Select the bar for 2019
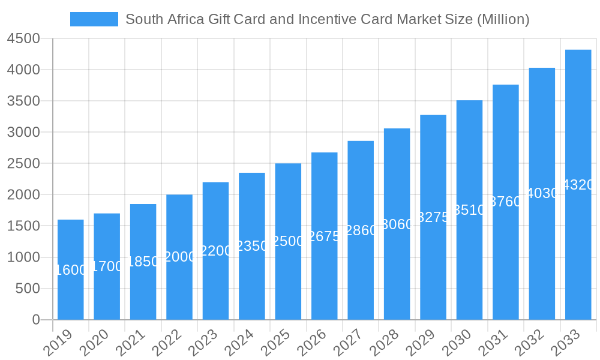coord(71,270)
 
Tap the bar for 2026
coord(325,236)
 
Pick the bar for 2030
coord(469,210)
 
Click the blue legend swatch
coord(94,19)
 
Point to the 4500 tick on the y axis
coord(23,39)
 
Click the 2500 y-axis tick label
coord(23,164)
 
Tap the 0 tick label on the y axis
coord(35,320)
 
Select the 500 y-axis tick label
coord(28,289)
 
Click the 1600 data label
coord(71,271)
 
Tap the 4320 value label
coord(578,185)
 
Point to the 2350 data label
coord(252,246)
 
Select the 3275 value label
coord(433,218)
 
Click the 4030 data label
coord(542,193)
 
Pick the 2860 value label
coord(361,230)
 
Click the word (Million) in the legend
coord(503,19)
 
